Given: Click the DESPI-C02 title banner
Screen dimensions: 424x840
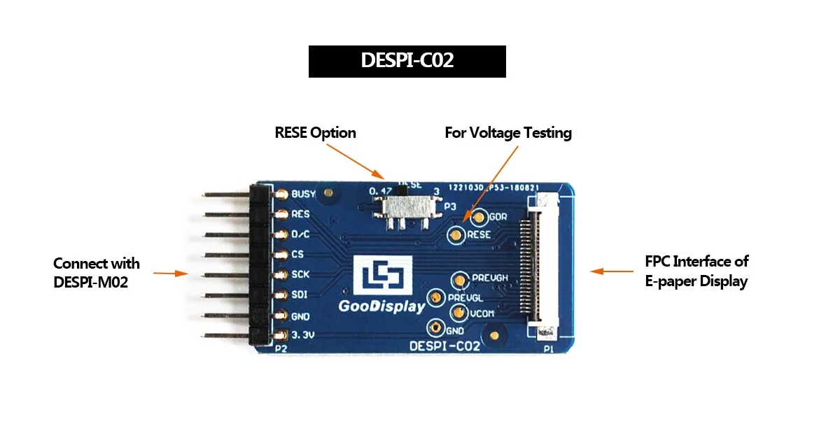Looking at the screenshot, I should pos(407,61).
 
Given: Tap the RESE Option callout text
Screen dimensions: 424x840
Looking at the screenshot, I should pos(315,132).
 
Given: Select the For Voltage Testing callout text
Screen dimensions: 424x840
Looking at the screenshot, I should pos(508,132).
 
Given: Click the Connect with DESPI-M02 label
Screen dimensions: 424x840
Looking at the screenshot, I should pos(97,273).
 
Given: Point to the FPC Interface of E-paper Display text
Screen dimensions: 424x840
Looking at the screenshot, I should pos(696,271).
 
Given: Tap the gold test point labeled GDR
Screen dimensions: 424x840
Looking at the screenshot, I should pos(479,218).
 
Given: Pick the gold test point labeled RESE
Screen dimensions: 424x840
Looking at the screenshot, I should pos(456,235).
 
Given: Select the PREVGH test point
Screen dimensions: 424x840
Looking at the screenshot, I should pos(459,280).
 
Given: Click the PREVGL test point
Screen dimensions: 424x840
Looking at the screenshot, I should pos(435,297).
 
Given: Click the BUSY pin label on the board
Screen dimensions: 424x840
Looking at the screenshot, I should pos(302,194).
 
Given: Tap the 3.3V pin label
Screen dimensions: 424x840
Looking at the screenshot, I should pos(302,335).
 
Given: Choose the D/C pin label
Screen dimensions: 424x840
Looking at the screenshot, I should pos(300,234).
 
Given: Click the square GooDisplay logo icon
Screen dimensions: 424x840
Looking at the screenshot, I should pos(380,276).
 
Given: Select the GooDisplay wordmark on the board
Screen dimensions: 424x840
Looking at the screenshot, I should pos(382,306).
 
